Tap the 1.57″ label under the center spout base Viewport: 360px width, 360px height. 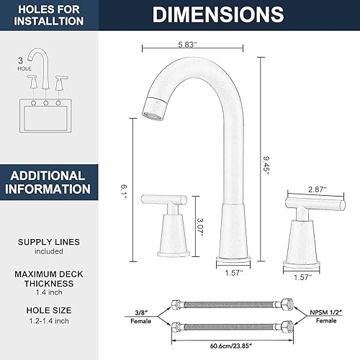click(x=232, y=274)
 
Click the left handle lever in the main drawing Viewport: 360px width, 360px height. click(x=166, y=198)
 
